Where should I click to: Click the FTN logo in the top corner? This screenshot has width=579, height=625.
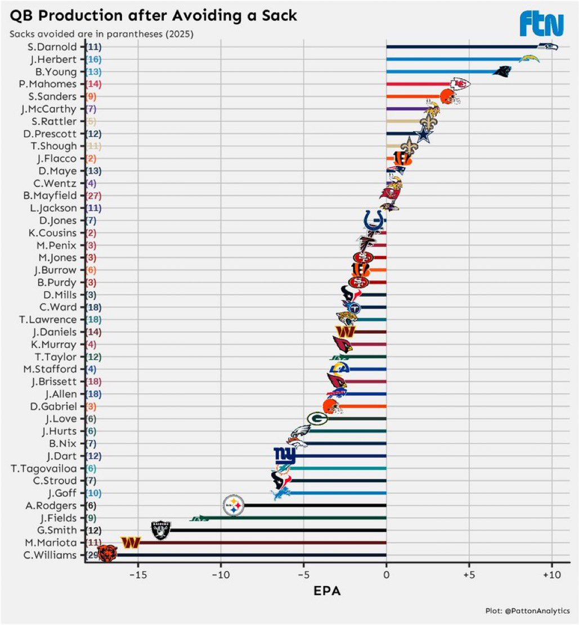point(541,24)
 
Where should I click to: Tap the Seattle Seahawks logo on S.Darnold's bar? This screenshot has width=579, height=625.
point(547,47)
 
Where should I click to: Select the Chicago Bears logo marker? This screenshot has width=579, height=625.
point(107,555)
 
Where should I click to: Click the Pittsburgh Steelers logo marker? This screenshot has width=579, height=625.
point(234,505)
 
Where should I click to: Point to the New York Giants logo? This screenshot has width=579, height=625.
point(285,455)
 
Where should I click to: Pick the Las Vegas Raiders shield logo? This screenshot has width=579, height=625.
point(161,530)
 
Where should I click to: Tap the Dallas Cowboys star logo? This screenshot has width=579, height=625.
point(423,134)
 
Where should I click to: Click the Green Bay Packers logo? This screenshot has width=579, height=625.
point(317,418)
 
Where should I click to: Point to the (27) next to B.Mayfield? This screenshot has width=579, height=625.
point(93,195)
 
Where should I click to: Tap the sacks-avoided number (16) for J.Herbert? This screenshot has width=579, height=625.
point(93,59)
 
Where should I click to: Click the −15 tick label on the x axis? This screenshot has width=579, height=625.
point(138,576)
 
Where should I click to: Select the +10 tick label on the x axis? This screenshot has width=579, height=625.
point(551,576)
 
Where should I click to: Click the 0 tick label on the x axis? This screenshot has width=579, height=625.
point(386,576)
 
